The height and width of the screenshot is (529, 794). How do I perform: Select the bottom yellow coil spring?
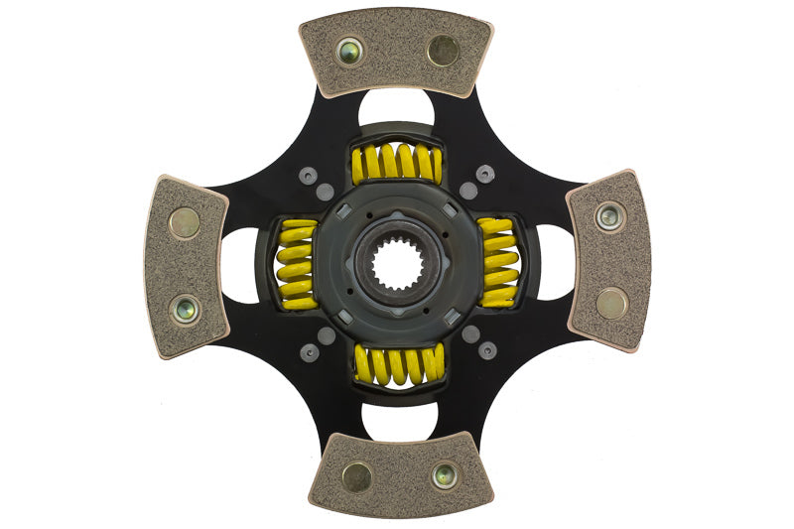tap(399, 364)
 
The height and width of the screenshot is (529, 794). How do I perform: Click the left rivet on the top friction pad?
tap(348, 52)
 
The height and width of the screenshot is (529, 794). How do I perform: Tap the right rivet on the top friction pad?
tap(443, 50)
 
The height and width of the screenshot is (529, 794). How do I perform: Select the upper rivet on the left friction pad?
tap(184, 222)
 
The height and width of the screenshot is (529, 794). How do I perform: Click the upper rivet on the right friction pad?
tap(608, 215)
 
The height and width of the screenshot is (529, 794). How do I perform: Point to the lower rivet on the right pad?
tap(611, 304)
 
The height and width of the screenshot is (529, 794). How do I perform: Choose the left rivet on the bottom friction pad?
tap(356, 476)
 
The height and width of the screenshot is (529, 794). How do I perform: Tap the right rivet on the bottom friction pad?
tap(444, 475)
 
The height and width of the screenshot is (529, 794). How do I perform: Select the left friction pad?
tap(185, 266)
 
